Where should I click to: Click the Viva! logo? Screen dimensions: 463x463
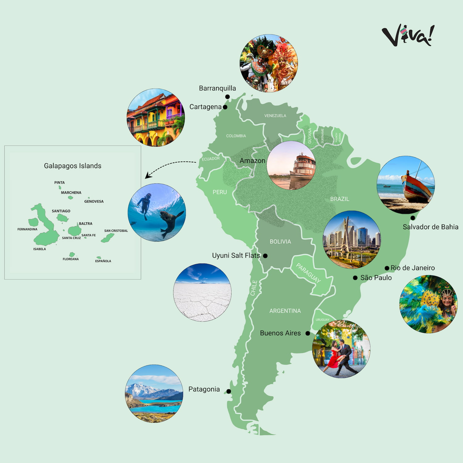pos(408,35)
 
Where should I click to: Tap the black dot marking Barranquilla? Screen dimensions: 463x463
pos(227,97)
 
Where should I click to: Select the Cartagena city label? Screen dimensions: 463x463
pos(205,107)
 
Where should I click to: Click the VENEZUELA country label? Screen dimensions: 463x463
pos(275,116)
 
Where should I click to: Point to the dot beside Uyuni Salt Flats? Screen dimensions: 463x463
pos(265,256)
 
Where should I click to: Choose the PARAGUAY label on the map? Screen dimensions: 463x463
pos(308,273)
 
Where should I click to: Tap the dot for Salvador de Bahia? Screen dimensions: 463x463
pos(413,218)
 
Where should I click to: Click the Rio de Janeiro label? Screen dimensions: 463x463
pos(412,268)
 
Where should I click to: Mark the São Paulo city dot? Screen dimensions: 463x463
pos(355,278)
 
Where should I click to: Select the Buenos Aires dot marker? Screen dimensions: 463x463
pos(308,333)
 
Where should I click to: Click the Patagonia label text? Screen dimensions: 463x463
pos(204,389)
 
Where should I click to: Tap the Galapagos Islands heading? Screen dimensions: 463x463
pos(73,166)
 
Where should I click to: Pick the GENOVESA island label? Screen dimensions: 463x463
pos(94,202)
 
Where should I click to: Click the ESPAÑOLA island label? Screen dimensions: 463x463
pos(103,261)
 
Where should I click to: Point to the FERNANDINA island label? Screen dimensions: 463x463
pos(27,229)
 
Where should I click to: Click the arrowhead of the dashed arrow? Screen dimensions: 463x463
pos(148,176)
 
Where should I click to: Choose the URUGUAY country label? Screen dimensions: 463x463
pos(322,320)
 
